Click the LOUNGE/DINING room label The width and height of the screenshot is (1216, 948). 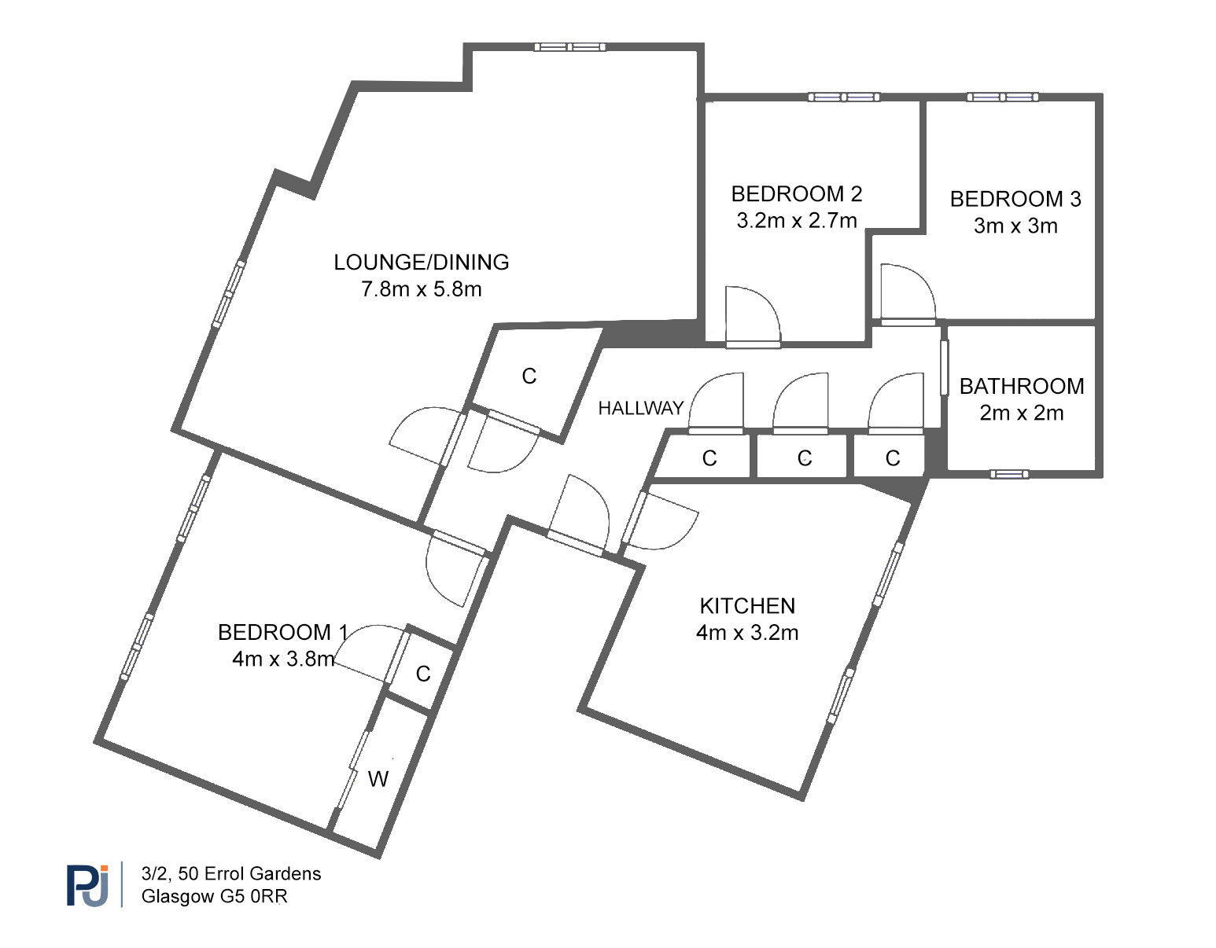pos(422,263)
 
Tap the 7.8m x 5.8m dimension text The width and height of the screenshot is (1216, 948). pos(422,289)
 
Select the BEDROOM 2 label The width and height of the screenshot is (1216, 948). pos(796,194)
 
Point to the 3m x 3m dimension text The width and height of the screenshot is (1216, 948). pos(1015,226)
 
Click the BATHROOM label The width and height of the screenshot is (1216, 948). pos(1022,387)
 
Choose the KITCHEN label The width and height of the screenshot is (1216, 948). pos(747,606)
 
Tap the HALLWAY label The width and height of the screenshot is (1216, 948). pos(641,408)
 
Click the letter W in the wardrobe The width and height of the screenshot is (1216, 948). pos(378,779)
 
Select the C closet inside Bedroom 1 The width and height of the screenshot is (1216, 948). pos(423,674)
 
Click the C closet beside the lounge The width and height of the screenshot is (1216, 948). pos(529,377)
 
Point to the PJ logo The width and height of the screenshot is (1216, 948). pos(88,884)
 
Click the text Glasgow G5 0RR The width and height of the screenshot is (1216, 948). pos(214,896)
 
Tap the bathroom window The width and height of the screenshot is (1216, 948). pos(1009,474)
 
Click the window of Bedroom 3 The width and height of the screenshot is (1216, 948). pos(1003,97)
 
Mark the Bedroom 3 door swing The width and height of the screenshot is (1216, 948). pos(908,294)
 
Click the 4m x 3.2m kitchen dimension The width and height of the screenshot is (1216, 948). pos(747,633)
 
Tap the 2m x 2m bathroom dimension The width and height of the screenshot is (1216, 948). pos(1022,413)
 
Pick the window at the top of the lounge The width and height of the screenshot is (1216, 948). pos(569,47)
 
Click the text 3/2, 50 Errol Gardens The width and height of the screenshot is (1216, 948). pos(231,873)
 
